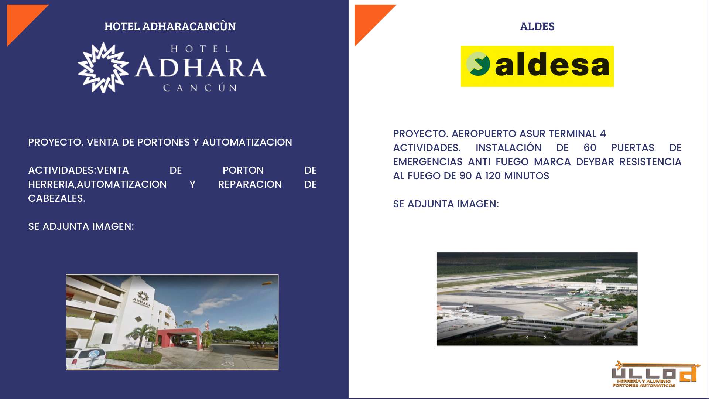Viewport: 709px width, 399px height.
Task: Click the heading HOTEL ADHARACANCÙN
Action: coord(170,26)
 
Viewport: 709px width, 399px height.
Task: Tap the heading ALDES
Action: coord(537,27)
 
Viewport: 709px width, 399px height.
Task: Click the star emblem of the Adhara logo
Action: coord(103,68)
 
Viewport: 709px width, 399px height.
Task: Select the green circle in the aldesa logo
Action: coord(478,64)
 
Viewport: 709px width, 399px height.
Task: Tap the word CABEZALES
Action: coord(56,198)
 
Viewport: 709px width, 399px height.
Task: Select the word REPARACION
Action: coord(250,184)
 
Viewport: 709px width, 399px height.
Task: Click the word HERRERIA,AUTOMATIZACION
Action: coord(97,184)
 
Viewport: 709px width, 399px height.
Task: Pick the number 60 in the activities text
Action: coord(590,148)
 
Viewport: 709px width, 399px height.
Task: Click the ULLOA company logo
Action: coord(656,374)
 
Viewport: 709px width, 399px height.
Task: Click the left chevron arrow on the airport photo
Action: coord(527,337)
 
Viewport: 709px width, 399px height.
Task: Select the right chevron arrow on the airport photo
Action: coord(545,337)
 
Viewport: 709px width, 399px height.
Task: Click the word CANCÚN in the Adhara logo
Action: coord(200,88)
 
